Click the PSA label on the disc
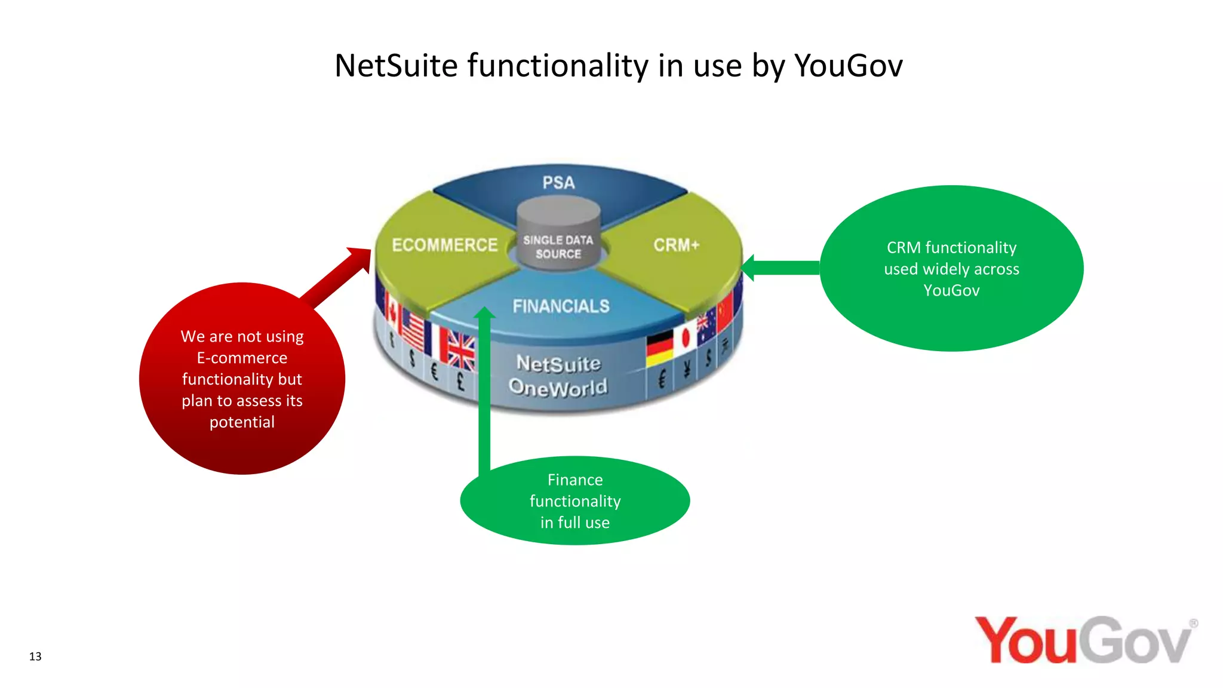(558, 183)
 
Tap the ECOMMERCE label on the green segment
(444, 245)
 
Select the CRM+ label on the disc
(676, 245)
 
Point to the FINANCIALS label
(561, 306)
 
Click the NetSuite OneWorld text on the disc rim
(558, 376)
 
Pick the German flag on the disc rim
(659, 348)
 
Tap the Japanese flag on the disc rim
(686, 338)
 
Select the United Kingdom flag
(461, 351)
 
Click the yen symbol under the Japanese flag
(687, 370)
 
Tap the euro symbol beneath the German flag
(662, 379)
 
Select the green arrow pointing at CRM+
(779, 268)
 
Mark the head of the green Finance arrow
(484, 314)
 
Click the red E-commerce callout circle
(242, 379)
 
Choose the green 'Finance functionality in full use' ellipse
(575, 500)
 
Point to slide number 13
(35, 656)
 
